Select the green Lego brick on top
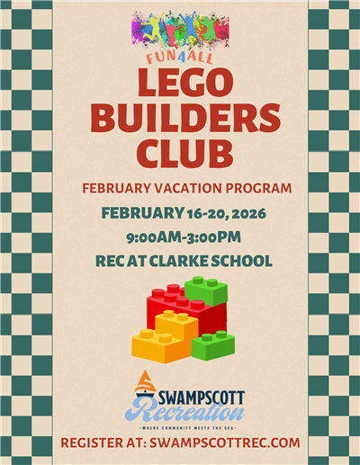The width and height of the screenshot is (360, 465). click(x=206, y=290)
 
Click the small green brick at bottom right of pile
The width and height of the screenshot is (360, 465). click(x=213, y=345)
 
